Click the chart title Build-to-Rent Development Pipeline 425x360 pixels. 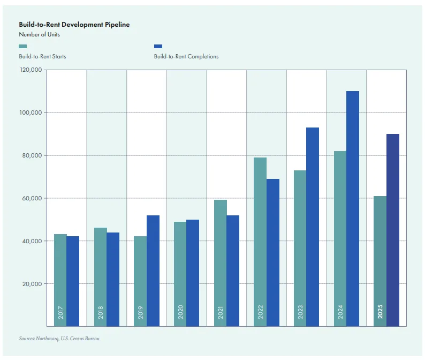tap(74, 25)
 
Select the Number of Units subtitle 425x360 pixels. tap(40, 35)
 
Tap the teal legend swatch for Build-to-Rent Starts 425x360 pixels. tap(22, 47)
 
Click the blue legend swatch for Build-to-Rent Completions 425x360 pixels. tap(158, 47)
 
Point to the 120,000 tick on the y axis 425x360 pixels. tap(31, 70)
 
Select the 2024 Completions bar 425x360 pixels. tap(353, 208)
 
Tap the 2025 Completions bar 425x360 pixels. tap(393, 230)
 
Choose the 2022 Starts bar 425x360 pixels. tap(260, 241)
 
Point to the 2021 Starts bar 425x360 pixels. tap(220, 257)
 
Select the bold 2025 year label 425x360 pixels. tap(380, 312)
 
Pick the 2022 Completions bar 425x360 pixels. tap(273, 252)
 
